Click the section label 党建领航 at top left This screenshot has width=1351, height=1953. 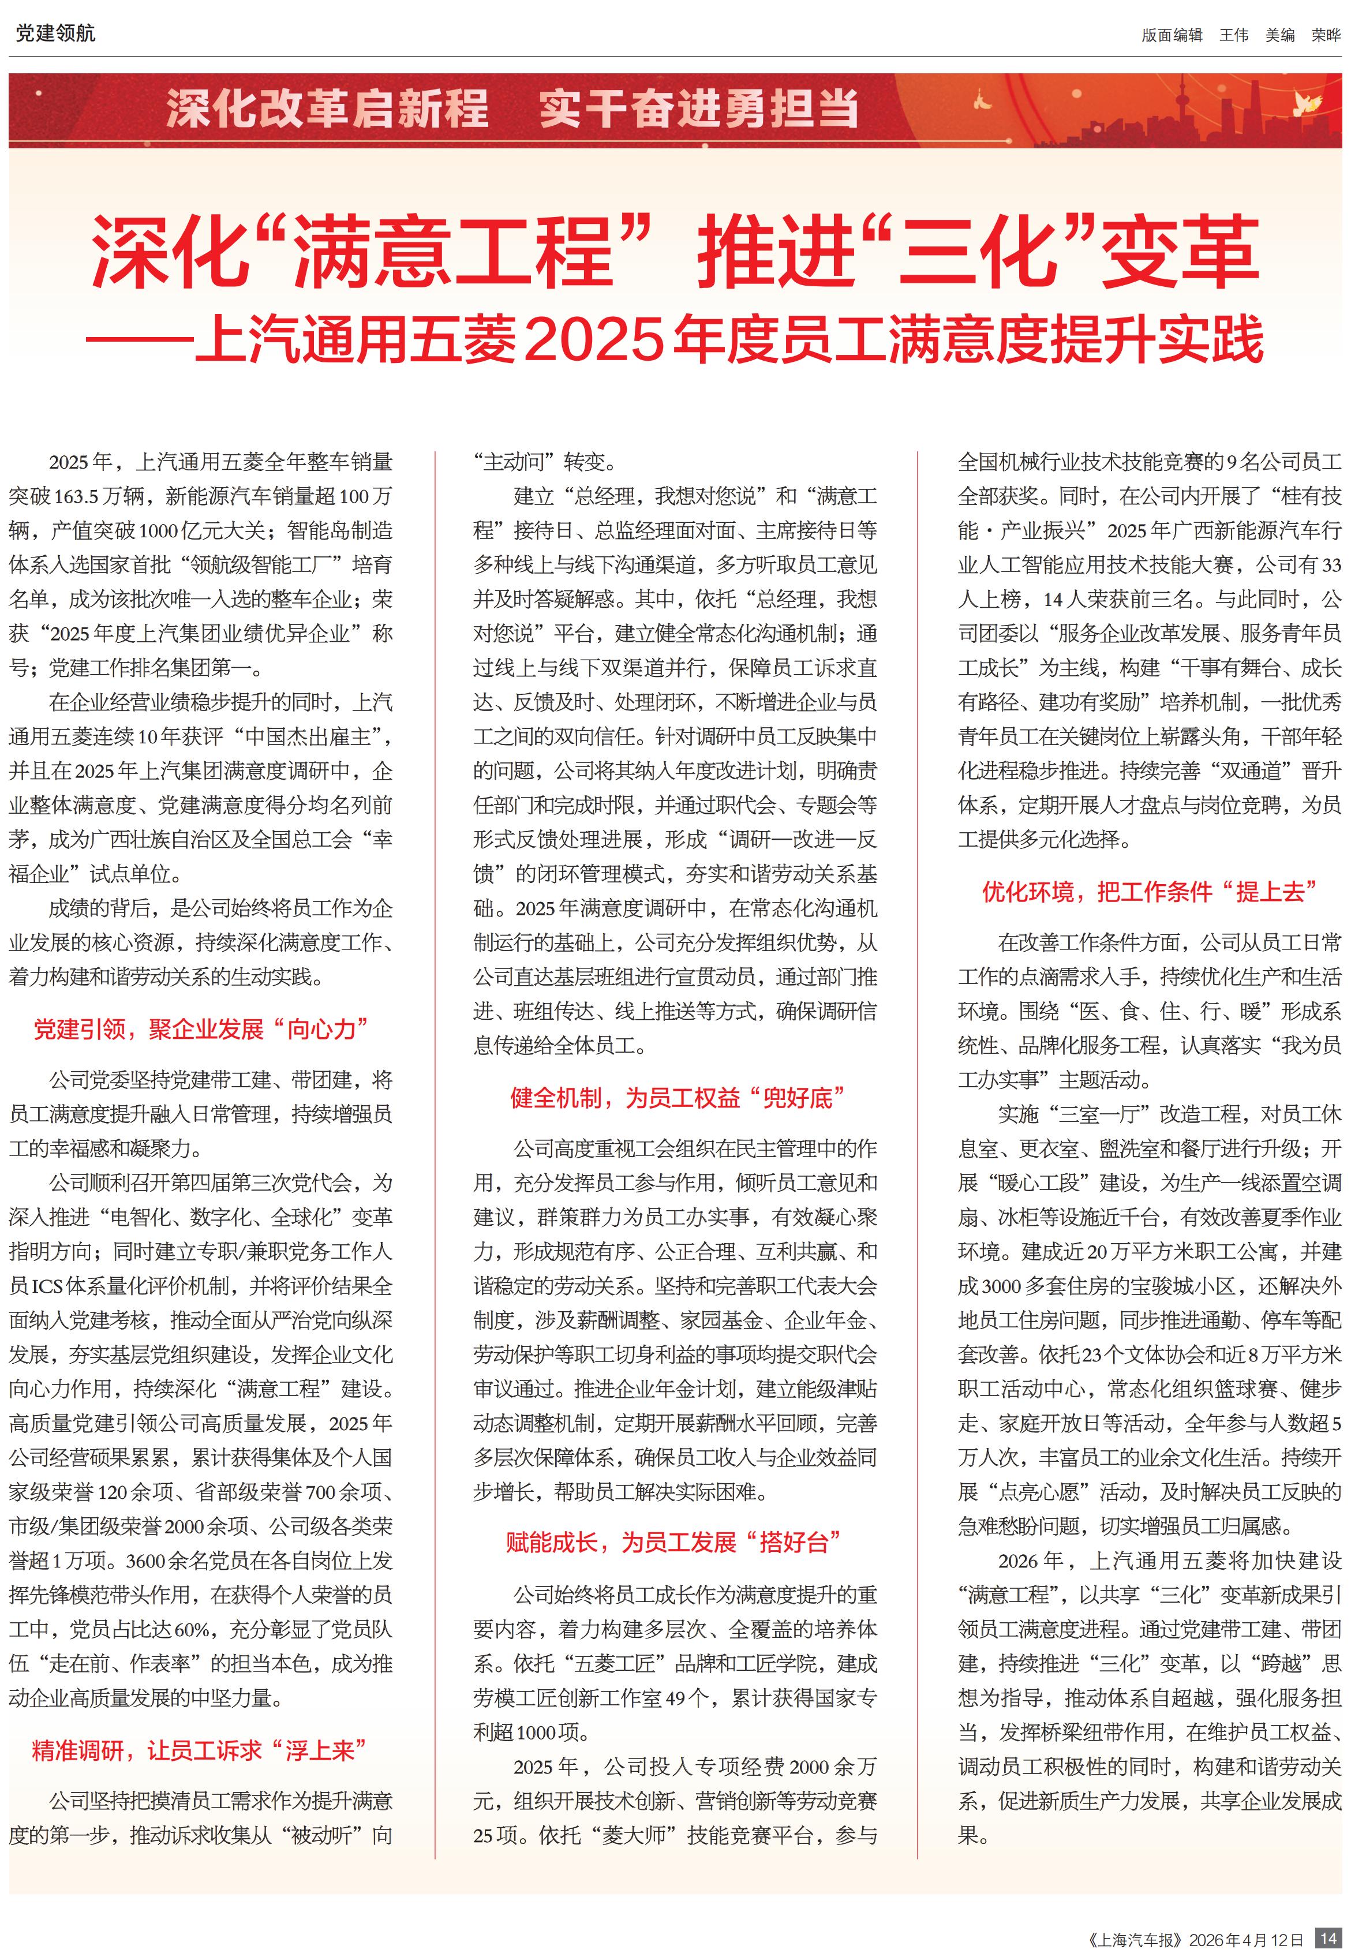click(x=55, y=33)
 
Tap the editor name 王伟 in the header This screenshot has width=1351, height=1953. click(x=1233, y=35)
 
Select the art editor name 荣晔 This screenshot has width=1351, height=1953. click(x=1326, y=35)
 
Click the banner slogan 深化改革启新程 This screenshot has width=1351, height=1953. click(x=327, y=108)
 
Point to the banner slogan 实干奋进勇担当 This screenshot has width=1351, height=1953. click(x=698, y=108)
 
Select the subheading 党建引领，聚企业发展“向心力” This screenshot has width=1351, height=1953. click(x=201, y=1030)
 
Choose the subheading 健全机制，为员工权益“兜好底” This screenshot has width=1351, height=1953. click(x=677, y=1098)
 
